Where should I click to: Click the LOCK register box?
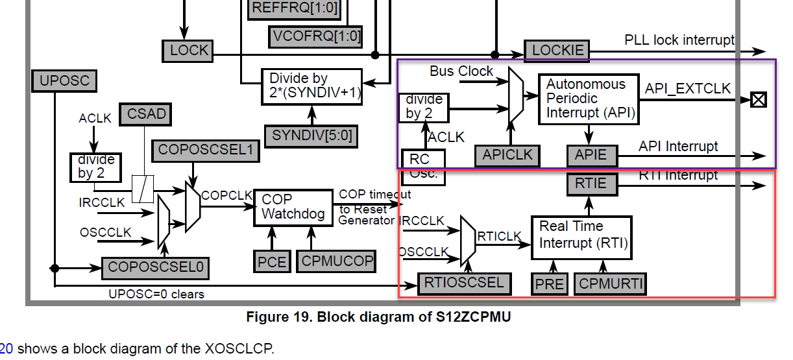[x=189, y=51]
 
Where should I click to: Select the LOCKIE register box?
[x=557, y=51]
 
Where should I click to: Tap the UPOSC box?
[x=64, y=81]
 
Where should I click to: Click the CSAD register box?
[x=147, y=115]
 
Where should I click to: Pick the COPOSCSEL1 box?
[x=204, y=150]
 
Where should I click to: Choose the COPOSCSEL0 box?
[x=155, y=267]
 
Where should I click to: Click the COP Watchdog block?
[x=292, y=207]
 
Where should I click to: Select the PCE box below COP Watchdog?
[x=271, y=261]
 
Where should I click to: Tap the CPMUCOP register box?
[x=336, y=261]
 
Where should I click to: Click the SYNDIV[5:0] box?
[x=311, y=136]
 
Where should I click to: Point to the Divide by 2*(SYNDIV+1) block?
[x=311, y=86]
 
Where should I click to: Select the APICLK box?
[x=507, y=155]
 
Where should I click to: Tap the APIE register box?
[x=591, y=155]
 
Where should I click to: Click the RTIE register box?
[x=591, y=184]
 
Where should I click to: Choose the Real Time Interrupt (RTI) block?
[x=581, y=235]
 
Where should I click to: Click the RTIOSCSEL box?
[x=464, y=283]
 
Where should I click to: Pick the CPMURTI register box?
[x=610, y=284]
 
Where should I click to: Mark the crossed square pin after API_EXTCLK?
[x=757, y=99]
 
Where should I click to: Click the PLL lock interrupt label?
[x=679, y=40]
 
